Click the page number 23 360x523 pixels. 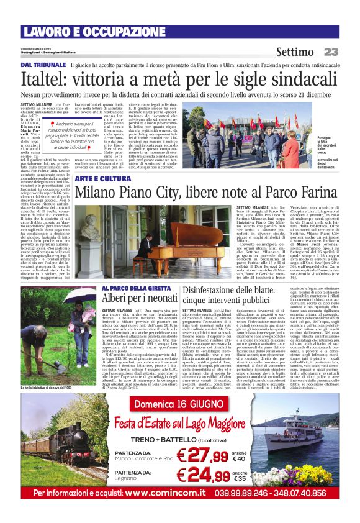click(x=331, y=52)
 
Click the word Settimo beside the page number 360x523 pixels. click(x=296, y=52)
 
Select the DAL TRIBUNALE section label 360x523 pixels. click(x=43, y=65)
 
